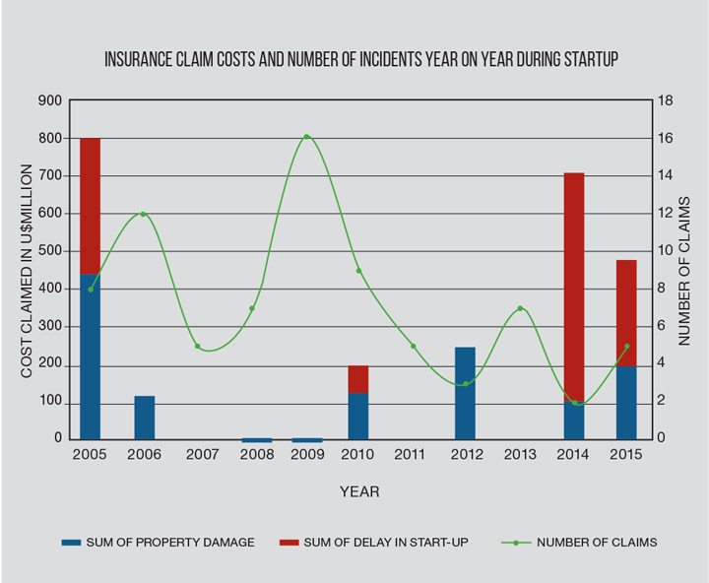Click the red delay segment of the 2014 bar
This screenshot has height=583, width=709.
click(x=574, y=286)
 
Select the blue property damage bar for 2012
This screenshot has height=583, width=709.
click(x=465, y=393)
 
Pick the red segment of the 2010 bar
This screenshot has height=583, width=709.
click(x=358, y=379)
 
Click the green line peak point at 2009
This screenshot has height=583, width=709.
click(x=306, y=137)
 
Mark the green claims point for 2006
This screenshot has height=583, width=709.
click(x=144, y=214)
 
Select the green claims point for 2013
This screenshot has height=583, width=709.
click(x=520, y=309)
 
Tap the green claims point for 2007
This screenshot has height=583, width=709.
click(x=197, y=347)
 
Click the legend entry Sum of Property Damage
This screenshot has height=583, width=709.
click(x=158, y=542)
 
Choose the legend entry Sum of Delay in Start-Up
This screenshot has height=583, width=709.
click(x=375, y=542)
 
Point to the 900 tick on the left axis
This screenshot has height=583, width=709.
click(x=49, y=100)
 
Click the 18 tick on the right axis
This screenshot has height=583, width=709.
click(x=665, y=100)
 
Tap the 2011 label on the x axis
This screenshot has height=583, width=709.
click(x=412, y=455)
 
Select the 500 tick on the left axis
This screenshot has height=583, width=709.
click(x=49, y=251)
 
